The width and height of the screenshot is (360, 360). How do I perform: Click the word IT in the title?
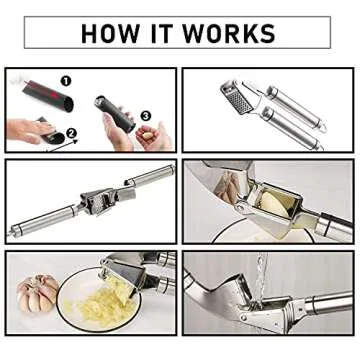click(x=176, y=33)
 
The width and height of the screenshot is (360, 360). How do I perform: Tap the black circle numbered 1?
click(x=66, y=78)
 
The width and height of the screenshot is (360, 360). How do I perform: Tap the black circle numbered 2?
click(x=69, y=131)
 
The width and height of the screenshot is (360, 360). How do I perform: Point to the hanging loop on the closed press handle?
click(x=321, y=139)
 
